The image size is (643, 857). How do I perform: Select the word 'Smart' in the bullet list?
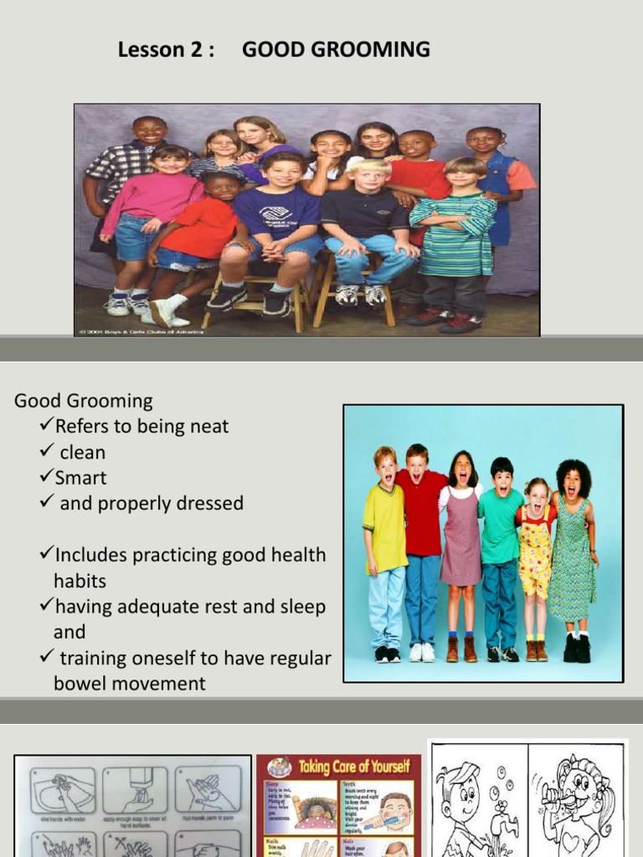(x=80, y=478)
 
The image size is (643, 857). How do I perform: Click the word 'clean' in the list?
(x=83, y=453)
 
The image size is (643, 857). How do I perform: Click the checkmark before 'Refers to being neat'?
(x=47, y=426)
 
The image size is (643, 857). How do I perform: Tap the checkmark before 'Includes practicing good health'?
(x=47, y=555)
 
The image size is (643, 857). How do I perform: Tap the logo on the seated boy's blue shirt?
(x=275, y=214)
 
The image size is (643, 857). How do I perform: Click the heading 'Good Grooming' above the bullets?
(x=84, y=401)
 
